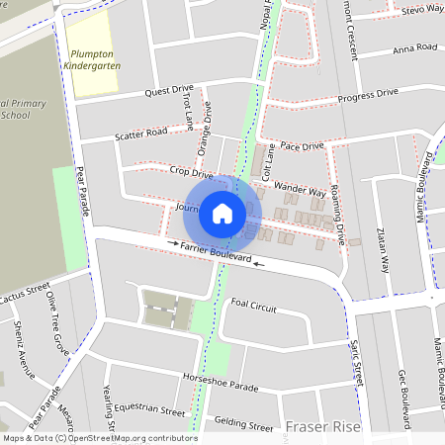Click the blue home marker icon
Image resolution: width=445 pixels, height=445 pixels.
coord(222,213)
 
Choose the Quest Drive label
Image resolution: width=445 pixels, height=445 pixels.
coord(168,90)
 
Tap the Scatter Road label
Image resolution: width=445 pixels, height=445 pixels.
coord(140,134)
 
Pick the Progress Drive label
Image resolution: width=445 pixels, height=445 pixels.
coord(368,95)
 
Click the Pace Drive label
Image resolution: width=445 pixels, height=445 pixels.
coord(302,145)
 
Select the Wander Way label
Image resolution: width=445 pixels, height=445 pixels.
coord(300,188)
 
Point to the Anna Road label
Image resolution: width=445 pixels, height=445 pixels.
coord(414,47)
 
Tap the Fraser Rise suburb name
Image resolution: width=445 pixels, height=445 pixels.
coord(322,427)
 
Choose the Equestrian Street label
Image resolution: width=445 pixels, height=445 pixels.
coord(148,410)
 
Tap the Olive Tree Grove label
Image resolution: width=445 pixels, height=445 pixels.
coord(58,329)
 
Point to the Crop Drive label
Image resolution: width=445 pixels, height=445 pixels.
coord(191,173)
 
